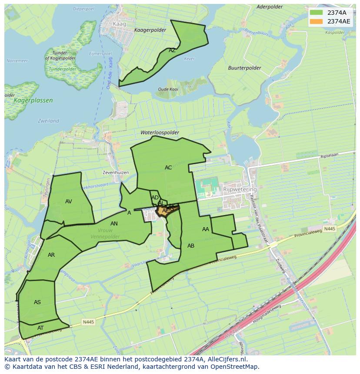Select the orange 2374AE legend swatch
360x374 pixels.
[x=317, y=21]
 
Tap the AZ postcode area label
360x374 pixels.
[x=172, y=50]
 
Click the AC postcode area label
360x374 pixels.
[x=168, y=168]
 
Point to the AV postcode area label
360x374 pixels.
[x=68, y=202]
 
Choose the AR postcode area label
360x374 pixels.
[x=51, y=255]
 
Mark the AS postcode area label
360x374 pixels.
[x=37, y=302]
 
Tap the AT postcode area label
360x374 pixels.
[x=40, y=328]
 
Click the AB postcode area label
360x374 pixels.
[x=191, y=246]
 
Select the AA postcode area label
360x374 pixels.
[x=206, y=229]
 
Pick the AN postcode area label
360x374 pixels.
[x=114, y=224]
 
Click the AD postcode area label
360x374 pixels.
[x=155, y=198]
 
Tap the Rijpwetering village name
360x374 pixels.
[x=240, y=189]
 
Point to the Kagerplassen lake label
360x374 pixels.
[x=33, y=100]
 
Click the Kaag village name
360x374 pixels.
[x=119, y=24]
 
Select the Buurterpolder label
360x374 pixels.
[x=244, y=68]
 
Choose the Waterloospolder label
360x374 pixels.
[x=160, y=132]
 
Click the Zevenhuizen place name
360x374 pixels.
[x=116, y=172]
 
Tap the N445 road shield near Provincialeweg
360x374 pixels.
[x=330, y=228]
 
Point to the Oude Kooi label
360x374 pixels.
[x=168, y=89]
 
